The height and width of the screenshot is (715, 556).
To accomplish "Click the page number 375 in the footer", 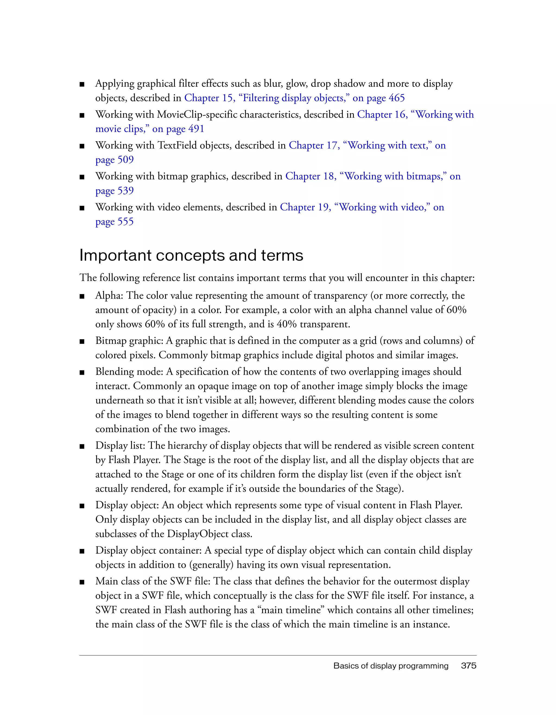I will [468, 666].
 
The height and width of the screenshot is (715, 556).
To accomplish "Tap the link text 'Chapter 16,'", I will [382, 114].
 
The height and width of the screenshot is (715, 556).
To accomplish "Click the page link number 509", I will [125, 160].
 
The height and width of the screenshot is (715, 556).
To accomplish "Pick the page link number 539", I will [125, 191].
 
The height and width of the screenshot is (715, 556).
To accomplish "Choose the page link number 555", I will [125, 222].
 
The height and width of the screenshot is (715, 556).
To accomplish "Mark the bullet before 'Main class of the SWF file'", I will [82, 582].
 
